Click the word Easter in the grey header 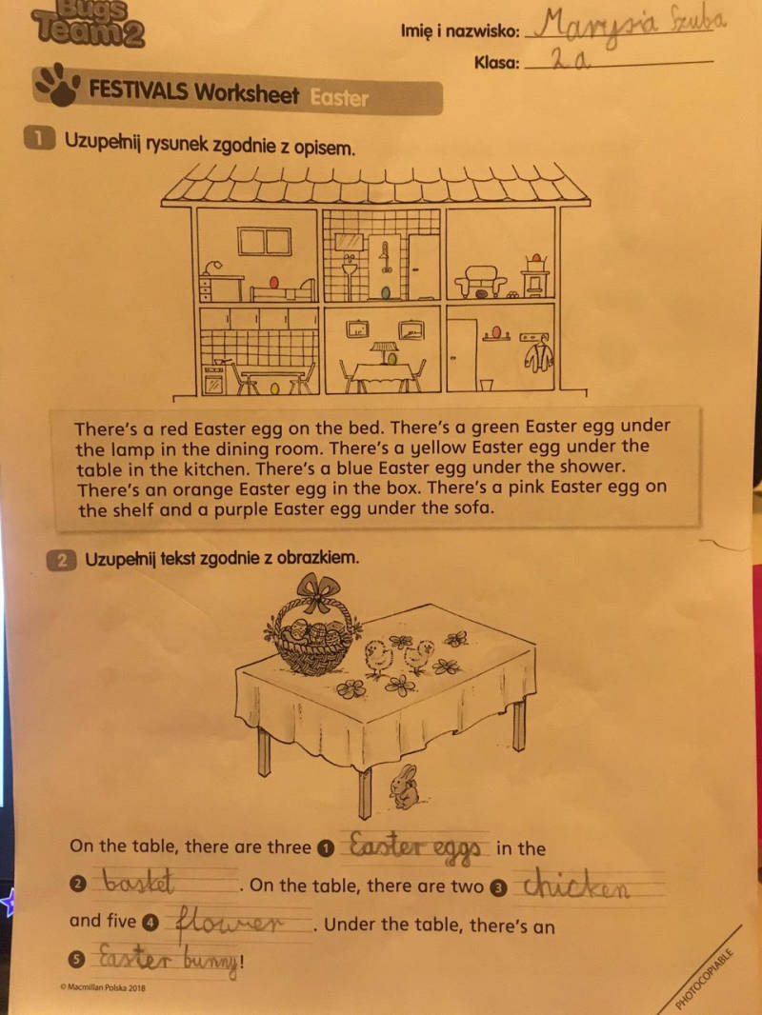[x=338, y=98]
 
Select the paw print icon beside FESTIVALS [x=57, y=84]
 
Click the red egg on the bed [x=274, y=283]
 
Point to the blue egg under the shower [x=386, y=293]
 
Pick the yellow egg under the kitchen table [x=275, y=388]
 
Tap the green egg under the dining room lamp [x=393, y=357]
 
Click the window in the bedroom [x=264, y=242]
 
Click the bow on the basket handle [x=316, y=591]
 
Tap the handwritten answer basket [x=139, y=883]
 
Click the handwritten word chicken [x=575, y=886]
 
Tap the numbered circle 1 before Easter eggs [x=327, y=848]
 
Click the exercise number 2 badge [x=61, y=560]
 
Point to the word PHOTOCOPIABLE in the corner [x=705, y=978]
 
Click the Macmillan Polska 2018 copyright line [x=102, y=987]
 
